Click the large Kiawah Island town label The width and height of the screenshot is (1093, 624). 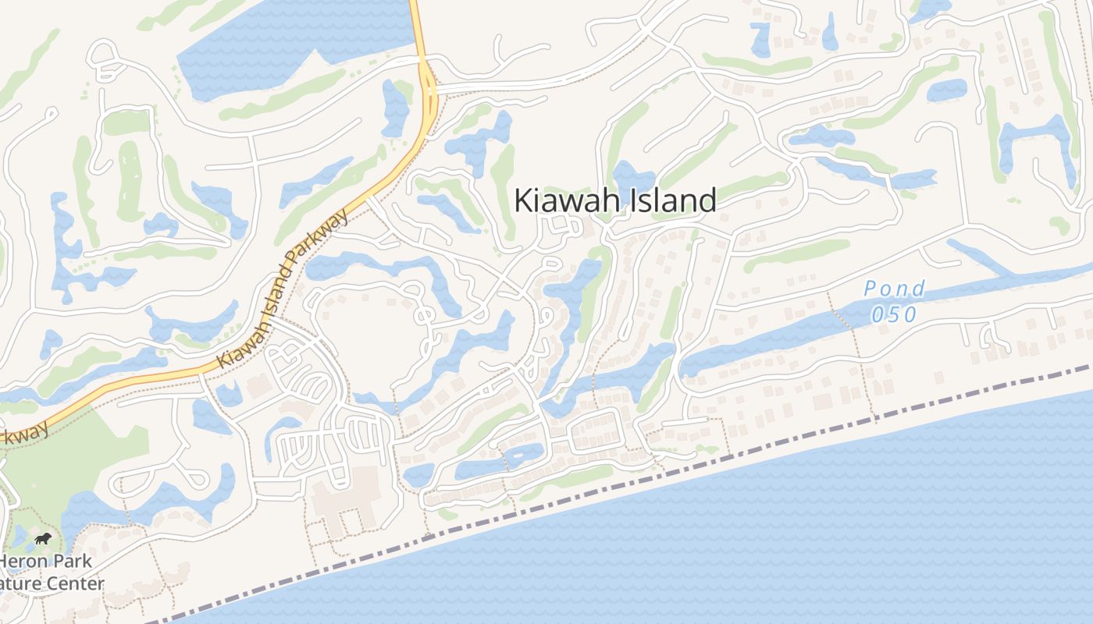[614, 201]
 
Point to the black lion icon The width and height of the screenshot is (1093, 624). [44, 539]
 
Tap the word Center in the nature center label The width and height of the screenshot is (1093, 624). [76, 584]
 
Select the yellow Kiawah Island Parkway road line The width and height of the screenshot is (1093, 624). [156, 377]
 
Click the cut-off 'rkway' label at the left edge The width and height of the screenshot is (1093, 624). [23, 434]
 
